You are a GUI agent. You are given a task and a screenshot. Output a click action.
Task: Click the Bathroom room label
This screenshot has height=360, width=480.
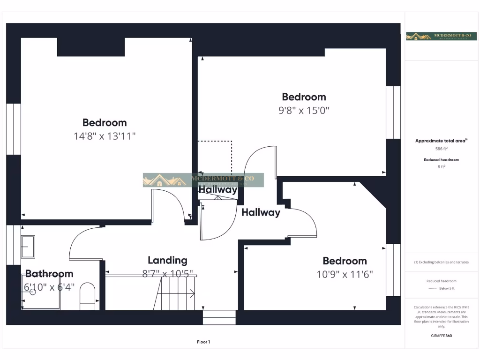[x=49, y=273]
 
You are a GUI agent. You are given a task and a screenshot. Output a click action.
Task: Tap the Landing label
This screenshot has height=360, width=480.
[x=167, y=260]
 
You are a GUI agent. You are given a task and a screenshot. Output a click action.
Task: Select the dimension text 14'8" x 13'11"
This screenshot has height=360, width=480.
[x=105, y=136]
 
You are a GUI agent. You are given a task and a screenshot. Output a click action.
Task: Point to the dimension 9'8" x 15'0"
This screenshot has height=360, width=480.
[x=304, y=110]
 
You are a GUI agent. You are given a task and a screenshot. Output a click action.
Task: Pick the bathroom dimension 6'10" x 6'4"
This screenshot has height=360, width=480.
[x=49, y=287]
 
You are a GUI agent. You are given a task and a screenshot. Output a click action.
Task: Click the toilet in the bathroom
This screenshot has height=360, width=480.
[x=87, y=296]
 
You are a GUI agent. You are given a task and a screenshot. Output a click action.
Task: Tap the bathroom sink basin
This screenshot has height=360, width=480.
[x=28, y=247]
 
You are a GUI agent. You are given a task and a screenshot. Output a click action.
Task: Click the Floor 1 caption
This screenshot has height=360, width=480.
[x=203, y=342]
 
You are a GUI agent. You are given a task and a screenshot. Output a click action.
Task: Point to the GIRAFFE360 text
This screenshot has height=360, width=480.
[x=441, y=336]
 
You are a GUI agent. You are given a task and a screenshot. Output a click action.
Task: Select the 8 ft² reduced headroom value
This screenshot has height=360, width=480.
[x=441, y=166]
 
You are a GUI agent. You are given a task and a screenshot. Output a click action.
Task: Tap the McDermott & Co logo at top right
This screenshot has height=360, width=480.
[x=435, y=36]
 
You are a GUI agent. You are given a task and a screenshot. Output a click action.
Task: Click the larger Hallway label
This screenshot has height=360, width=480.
[x=261, y=212]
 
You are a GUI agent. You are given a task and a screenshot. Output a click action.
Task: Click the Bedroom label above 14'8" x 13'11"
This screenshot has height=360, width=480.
[x=105, y=122]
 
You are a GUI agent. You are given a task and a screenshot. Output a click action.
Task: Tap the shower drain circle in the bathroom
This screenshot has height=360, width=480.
[x=33, y=292]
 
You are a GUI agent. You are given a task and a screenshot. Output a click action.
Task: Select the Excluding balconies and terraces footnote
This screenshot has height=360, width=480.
[x=441, y=262]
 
